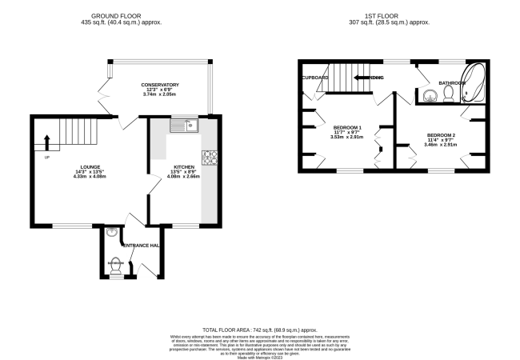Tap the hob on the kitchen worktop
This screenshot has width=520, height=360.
(x=211, y=157)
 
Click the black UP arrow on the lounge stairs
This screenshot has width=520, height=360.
(x=46, y=142)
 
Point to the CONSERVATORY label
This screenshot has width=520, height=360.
(x=159, y=85)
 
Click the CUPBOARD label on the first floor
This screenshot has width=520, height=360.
(x=315, y=78)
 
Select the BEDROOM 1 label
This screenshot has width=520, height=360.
(x=347, y=128)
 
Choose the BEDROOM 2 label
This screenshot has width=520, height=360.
(x=441, y=134)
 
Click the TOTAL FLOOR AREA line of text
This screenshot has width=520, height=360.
(x=259, y=330)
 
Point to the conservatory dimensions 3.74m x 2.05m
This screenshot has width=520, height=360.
(x=159, y=95)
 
